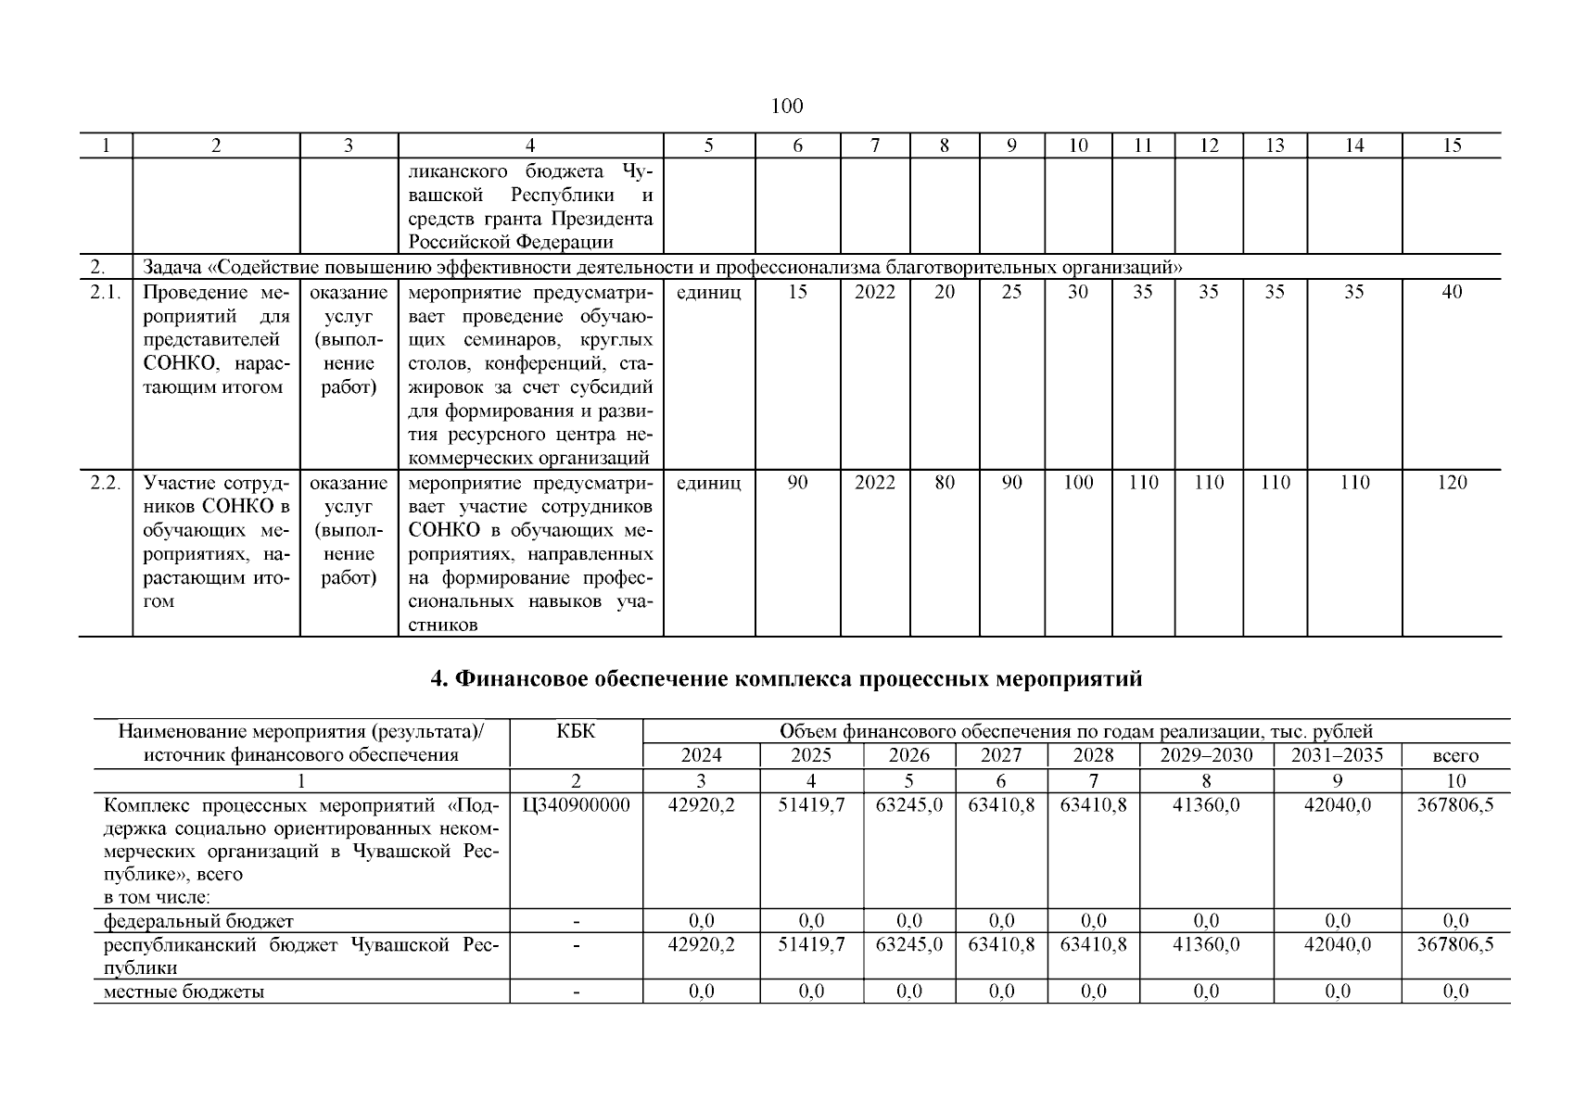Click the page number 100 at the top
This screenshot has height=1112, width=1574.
point(787,107)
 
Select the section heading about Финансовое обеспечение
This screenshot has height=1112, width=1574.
point(787,679)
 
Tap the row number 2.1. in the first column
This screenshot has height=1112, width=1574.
point(106,293)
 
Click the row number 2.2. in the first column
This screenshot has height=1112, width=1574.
point(106,483)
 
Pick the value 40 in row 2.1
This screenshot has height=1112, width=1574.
point(1452,293)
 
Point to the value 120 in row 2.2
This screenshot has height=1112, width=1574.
point(1452,483)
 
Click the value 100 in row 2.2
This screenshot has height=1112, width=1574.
point(1078,483)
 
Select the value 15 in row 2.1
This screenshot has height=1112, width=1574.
point(797,293)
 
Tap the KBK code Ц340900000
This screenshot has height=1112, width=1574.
point(576,805)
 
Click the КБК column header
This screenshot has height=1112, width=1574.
point(576,732)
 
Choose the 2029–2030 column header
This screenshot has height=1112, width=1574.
point(1206,755)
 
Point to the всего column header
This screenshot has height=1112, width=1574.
point(1455,756)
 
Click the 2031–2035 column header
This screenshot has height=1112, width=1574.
point(1337,755)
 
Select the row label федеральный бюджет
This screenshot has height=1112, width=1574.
point(198,921)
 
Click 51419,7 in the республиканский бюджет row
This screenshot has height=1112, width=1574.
point(811,944)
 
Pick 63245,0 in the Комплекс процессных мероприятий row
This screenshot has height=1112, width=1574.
point(909,805)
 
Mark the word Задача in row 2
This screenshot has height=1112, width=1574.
point(173,268)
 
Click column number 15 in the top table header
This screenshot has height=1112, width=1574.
point(1452,145)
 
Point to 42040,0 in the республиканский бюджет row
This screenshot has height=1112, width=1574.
point(1337,944)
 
